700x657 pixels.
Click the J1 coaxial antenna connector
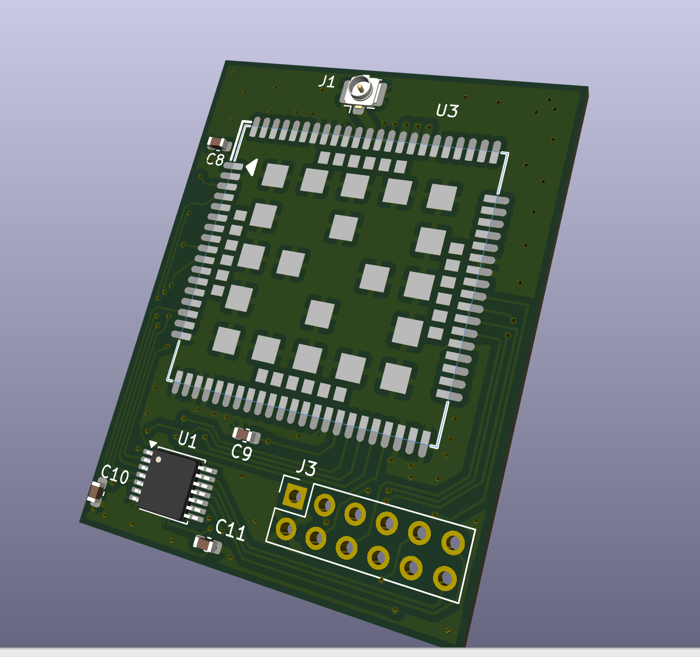[363, 93]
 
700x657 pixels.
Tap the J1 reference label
[326, 82]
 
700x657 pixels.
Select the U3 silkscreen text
[447, 111]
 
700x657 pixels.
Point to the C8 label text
[215, 159]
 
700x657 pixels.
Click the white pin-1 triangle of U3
[252, 167]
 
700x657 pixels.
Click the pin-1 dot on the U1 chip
[158, 460]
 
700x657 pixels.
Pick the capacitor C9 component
[246, 435]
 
